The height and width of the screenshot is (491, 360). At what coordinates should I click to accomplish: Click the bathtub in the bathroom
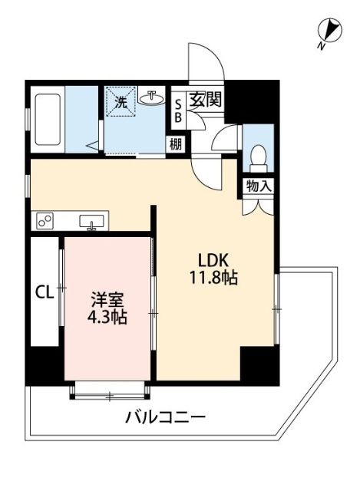coord(48,120)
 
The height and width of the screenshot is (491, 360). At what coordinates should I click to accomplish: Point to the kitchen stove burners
coord(45,221)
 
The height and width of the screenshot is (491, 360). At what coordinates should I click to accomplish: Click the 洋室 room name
coord(107,299)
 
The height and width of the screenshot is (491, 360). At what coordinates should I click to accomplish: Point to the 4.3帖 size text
coord(107,317)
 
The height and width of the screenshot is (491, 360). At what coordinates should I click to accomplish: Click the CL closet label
coord(43,292)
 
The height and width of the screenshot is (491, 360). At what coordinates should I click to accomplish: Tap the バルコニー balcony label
coord(165,418)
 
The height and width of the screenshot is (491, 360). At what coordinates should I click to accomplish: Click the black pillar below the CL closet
coord(45,364)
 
